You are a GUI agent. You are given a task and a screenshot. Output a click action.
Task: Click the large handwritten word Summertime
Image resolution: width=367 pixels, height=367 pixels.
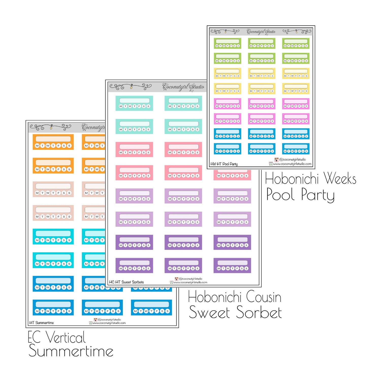pyautogui.click(x=71, y=351)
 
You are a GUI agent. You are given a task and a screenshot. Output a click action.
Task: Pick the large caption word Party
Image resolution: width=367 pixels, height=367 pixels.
pyautogui.click(x=318, y=195)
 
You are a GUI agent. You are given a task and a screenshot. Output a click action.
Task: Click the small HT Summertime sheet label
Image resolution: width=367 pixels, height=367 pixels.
pyautogui.click(x=42, y=323)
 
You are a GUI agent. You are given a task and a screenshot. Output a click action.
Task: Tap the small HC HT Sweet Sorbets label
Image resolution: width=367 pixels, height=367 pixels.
pyautogui.click(x=126, y=282)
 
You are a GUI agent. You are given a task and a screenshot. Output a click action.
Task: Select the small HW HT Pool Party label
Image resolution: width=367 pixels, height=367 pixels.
pyautogui.click(x=224, y=164)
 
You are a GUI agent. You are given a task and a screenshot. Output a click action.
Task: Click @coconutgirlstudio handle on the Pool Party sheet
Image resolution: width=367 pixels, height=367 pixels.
pyautogui.click(x=292, y=159)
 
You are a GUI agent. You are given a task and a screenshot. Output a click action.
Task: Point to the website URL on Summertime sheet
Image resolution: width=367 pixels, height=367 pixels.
pyautogui.click(x=109, y=323)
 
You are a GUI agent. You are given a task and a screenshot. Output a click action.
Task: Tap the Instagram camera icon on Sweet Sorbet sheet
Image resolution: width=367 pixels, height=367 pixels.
pyautogui.click(x=177, y=279)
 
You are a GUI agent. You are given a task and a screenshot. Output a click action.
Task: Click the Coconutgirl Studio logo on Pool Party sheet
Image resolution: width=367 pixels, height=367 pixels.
pyautogui.click(x=261, y=32)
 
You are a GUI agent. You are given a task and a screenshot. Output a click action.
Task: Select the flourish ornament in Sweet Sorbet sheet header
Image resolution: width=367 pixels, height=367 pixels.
pyautogui.click(x=131, y=87)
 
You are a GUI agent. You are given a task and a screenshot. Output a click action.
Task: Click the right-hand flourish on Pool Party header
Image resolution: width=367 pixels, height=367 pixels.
pyautogui.click(x=297, y=31)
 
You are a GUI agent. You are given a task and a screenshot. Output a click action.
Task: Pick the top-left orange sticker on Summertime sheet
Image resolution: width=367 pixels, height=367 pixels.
pyautogui.click(x=53, y=142)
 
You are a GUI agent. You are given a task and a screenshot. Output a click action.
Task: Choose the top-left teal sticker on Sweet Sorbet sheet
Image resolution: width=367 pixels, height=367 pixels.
pyautogui.click(x=134, y=103)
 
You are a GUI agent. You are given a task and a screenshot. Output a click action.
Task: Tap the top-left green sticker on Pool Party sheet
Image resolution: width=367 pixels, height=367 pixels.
pyautogui.click(x=227, y=43)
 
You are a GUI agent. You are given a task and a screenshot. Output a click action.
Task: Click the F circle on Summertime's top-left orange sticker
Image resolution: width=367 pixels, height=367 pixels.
pyautogui.click(x=58, y=146)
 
